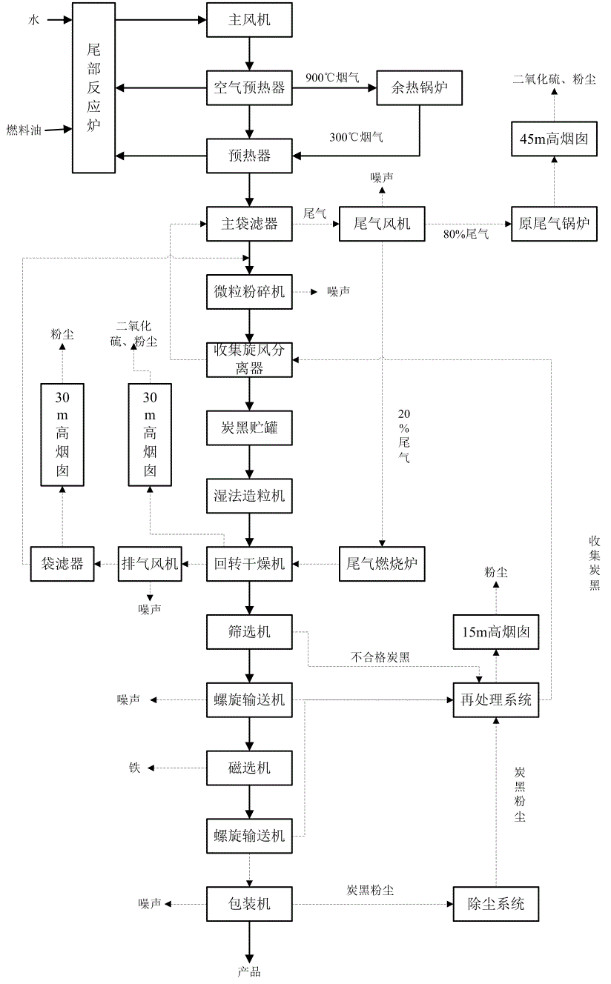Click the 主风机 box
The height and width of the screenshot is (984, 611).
tap(249, 20)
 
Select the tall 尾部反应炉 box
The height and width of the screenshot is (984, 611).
tap(93, 87)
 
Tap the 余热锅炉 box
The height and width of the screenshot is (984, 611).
tap(420, 87)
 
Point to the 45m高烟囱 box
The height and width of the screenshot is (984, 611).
tap(554, 138)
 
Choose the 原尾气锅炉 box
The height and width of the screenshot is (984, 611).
tap(554, 223)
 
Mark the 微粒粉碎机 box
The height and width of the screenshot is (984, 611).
tap(249, 292)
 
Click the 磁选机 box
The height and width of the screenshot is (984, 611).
tap(249, 768)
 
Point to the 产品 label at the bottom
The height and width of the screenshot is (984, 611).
tap(249, 971)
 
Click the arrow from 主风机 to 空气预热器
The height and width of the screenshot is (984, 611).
tap(249, 53)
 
